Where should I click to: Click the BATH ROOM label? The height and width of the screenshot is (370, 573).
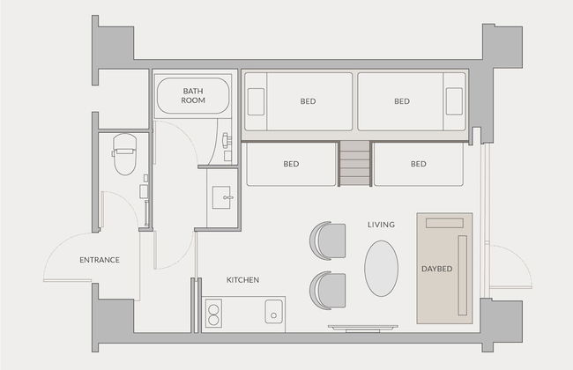pos(193,96)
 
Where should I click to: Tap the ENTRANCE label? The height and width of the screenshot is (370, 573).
pos(100,260)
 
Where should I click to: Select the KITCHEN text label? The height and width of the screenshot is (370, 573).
pos(242,280)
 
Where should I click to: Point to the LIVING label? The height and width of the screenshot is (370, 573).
pos(381,225)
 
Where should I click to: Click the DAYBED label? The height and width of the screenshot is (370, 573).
pos(437,269)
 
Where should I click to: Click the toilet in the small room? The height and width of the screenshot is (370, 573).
pos(124,154)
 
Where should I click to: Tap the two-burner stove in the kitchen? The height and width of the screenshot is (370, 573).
pos(213,314)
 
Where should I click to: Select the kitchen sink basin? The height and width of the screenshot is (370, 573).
pos(273,312)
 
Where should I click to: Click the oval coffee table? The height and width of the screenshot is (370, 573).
pos(381,268)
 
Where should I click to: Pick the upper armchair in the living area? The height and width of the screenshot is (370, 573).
pos(328,240)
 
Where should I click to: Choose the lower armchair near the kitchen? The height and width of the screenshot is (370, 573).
pos(328,291)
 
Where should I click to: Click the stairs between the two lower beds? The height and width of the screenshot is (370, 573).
pos(355,164)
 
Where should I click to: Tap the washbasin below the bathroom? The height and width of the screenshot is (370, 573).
pos(221,197)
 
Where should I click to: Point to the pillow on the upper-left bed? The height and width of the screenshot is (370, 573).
pos(257,101)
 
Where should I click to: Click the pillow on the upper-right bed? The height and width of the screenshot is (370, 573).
pos(454,101)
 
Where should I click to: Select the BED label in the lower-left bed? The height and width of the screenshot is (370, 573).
pos(291,164)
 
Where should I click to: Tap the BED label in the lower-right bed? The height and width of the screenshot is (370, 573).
pos(419,164)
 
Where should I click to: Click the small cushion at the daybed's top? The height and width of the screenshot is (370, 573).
pos(444,223)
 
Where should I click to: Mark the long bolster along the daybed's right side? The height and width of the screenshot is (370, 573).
pos(463,276)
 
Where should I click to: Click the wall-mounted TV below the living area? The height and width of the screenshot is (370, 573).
pos(363,328)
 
